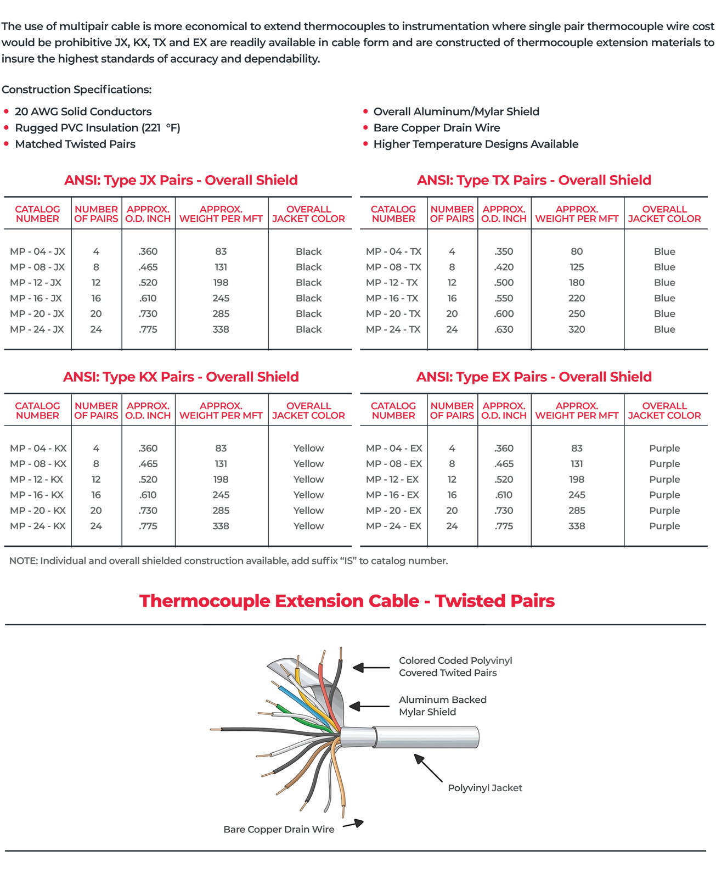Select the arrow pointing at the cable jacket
[x=428, y=768]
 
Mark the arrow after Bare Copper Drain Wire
[x=353, y=824]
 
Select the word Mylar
[x=411, y=712]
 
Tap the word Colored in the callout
[x=417, y=661]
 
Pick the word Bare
[x=234, y=830]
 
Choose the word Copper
[x=265, y=830]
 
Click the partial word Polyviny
[x=467, y=788]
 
